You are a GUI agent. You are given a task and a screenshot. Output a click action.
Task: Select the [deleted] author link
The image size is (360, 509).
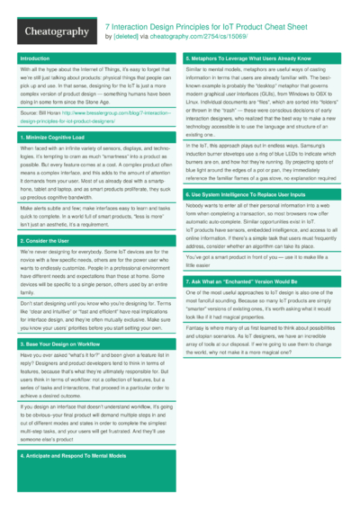127,37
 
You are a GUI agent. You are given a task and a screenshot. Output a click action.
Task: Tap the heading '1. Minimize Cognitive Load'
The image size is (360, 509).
50,136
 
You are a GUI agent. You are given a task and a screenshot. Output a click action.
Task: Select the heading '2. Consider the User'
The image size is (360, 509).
44,242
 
